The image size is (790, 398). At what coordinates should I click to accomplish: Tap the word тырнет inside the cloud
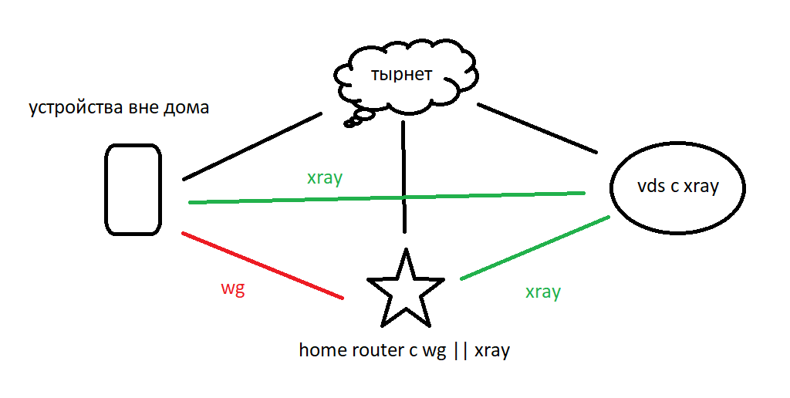pos(401,75)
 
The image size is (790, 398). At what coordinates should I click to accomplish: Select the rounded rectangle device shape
pos(133,190)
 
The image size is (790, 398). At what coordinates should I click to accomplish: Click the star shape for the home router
pos(404,289)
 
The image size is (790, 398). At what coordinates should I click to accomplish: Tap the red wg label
pos(232,290)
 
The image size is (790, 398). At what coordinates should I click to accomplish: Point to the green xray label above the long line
pos(325,177)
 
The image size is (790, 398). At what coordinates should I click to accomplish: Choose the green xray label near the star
pos(542,292)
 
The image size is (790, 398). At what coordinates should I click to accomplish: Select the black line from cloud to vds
pos(538,127)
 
